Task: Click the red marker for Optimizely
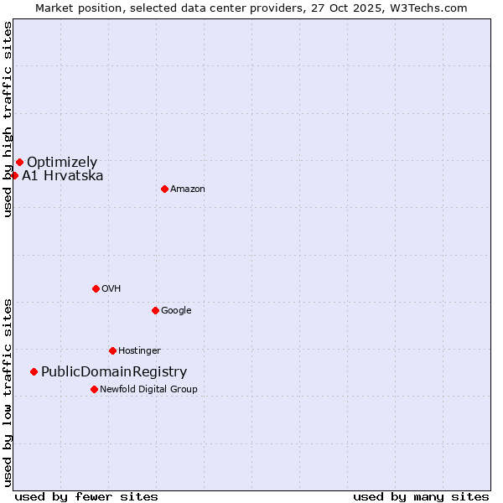click(x=19, y=162)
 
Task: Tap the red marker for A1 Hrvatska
click(x=15, y=175)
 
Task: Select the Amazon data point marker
click(x=164, y=189)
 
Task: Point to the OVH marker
click(x=96, y=288)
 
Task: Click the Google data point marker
click(x=155, y=310)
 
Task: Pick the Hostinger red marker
click(x=112, y=350)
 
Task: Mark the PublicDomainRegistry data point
click(x=34, y=371)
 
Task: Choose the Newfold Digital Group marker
click(x=94, y=389)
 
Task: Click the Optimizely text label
click(x=62, y=163)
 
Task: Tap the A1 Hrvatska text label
click(x=63, y=176)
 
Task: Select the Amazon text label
click(x=188, y=189)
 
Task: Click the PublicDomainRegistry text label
click(x=114, y=372)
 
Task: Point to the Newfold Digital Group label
click(x=148, y=389)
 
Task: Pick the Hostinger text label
click(x=139, y=350)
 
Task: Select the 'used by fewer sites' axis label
click(x=86, y=496)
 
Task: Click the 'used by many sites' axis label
click(x=421, y=496)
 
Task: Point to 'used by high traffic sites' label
click(x=8, y=119)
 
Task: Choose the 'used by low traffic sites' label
click(x=8, y=392)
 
